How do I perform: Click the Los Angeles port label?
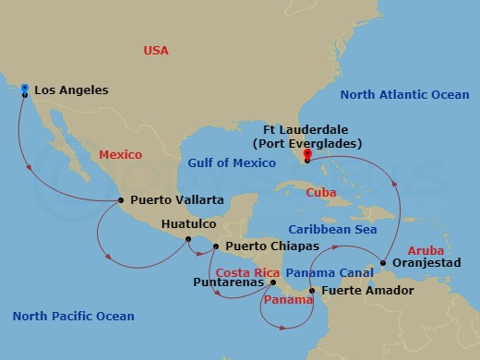tap(71, 90)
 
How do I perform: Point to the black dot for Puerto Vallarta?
tap(121, 200)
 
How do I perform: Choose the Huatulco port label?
tap(188, 223)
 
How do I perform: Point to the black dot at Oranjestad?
tap(383, 266)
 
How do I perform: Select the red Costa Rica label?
tap(246, 272)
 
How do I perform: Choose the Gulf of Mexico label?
tap(232, 163)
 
